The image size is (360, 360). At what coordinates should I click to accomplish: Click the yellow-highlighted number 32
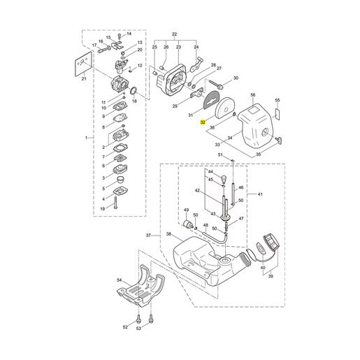203,122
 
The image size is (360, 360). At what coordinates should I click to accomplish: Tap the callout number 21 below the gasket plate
84,79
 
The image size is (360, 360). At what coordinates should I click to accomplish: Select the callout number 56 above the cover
253,95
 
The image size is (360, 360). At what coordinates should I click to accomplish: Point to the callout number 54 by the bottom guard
120,280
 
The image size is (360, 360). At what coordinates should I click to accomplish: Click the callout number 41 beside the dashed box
260,194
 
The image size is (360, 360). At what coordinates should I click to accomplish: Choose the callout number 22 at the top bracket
174,34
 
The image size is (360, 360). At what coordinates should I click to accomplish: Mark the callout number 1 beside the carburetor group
86,138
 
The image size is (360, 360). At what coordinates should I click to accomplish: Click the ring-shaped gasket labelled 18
134,91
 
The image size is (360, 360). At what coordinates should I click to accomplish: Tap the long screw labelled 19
116,203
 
